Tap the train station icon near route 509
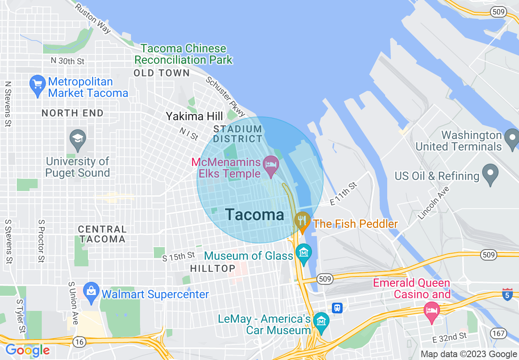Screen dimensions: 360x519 pos(337,308)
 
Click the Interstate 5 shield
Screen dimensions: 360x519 pos(507,294)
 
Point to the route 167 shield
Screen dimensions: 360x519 pos(498,333)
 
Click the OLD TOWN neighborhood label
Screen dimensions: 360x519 pos(162,73)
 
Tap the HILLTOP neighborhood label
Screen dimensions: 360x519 pos(213,269)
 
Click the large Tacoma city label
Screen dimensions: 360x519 pos(254,215)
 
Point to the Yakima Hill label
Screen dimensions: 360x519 pos(194,117)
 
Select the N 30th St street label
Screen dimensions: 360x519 pos(68,61)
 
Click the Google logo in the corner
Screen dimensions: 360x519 pos(27,350)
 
